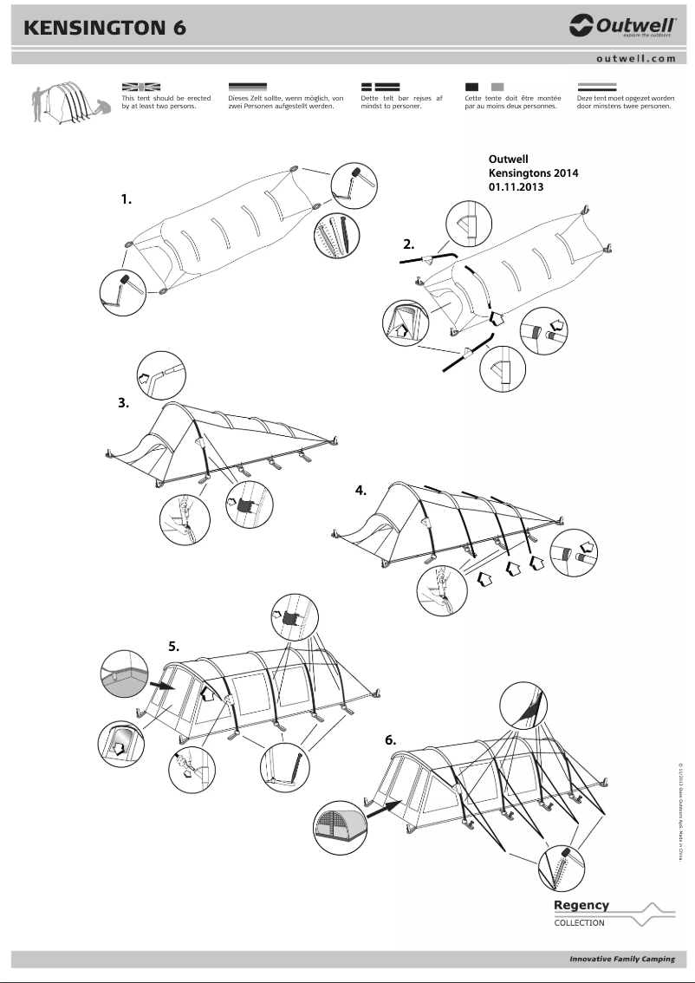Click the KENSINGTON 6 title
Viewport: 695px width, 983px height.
[106, 28]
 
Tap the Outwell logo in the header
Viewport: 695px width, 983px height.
[622, 26]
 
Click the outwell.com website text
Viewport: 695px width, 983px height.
[635, 59]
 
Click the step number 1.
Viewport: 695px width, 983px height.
[127, 199]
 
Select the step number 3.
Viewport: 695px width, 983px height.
[124, 402]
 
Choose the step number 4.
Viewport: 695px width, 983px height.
[361, 491]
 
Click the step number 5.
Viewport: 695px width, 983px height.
[173, 646]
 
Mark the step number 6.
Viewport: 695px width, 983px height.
[391, 740]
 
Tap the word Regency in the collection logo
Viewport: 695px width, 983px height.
[581, 905]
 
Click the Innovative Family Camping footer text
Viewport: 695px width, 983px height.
[621, 959]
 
